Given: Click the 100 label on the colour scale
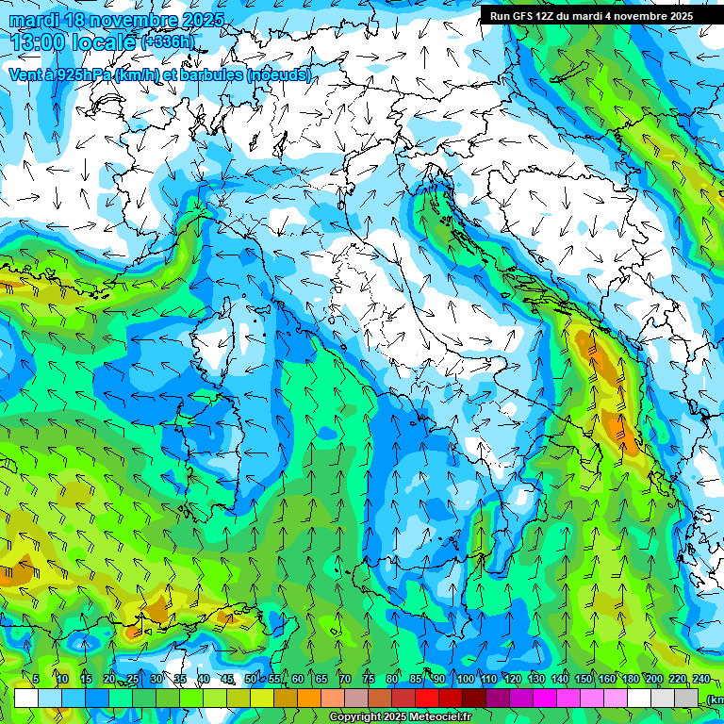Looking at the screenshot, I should coord(465,679).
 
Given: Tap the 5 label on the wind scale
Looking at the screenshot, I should coord(36,679).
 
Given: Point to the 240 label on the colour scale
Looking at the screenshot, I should coord(700,679).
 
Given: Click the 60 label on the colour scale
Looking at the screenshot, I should coord(298,679).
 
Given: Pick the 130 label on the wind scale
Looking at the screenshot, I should coord(535,679).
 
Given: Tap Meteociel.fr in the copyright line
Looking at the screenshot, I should coord(440,717).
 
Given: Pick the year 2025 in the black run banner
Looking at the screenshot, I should coord(677,16).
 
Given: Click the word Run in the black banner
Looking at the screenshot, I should coord(501,16).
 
